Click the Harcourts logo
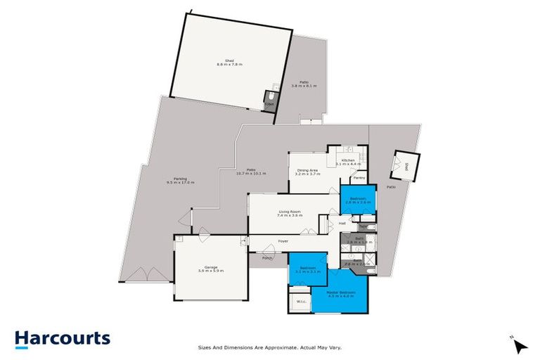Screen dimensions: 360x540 [x=63, y=338]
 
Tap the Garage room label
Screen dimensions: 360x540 [x=210, y=269]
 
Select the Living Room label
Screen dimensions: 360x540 [x=290, y=213]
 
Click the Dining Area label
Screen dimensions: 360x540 [x=308, y=171]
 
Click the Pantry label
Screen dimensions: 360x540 [x=359, y=178]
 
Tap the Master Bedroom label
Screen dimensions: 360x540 [x=339, y=293]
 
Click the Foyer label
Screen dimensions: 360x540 [x=283, y=241]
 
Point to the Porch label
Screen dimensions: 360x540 [x=267, y=258]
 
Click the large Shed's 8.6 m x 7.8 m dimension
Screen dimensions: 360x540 [x=230, y=65]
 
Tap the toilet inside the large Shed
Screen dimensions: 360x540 [x=269, y=99]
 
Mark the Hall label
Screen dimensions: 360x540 [x=342, y=224]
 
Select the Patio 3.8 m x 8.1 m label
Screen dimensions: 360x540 [x=304, y=84]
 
